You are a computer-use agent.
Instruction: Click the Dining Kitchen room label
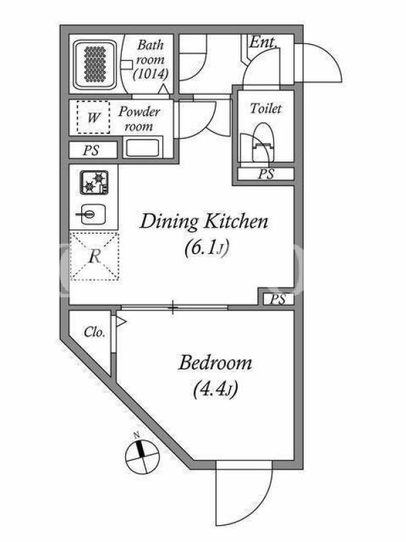tap(204, 222)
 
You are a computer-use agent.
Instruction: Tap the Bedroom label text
tap(215, 363)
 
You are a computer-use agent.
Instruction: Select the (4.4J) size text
tap(215, 390)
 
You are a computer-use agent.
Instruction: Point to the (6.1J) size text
tap(207, 248)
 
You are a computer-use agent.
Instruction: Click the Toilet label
tap(265, 108)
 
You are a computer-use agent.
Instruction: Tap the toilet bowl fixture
tap(263, 143)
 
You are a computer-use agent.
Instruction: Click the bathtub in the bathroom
tap(95, 64)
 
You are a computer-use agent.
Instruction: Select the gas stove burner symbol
tap(94, 182)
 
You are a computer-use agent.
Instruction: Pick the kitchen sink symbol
tap(91, 214)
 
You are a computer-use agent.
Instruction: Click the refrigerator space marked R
tap(95, 257)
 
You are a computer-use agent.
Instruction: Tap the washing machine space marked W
tap(93, 117)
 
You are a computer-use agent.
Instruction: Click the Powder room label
tap(139, 119)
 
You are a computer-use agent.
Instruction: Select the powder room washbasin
tap(143, 148)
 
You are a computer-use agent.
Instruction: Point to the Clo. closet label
tap(94, 332)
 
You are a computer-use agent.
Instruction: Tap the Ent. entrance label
tap(263, 43)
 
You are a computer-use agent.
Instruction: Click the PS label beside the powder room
tap(91, 150)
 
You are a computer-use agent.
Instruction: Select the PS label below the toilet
tap(266, 174)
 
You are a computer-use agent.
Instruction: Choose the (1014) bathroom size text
tap(150, 74)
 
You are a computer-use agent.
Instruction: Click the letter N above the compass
tap(137, 435)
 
